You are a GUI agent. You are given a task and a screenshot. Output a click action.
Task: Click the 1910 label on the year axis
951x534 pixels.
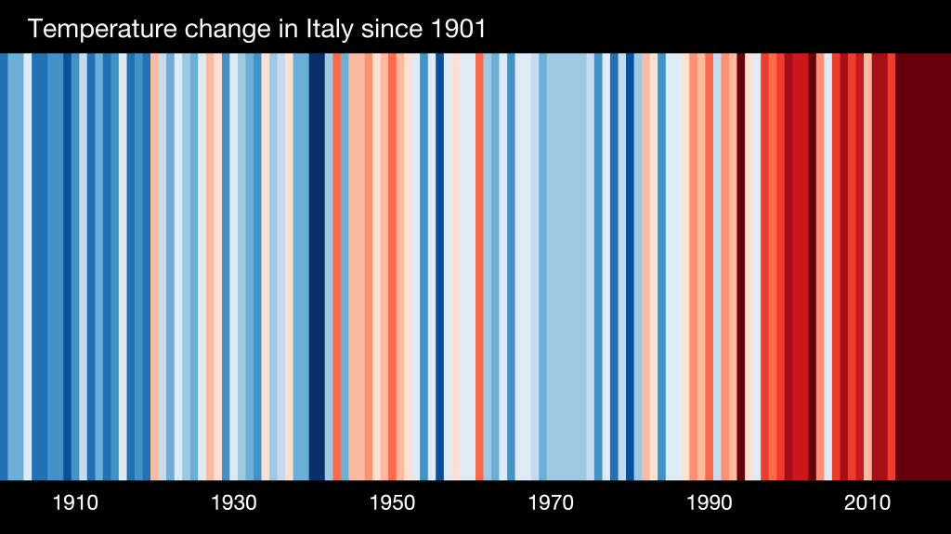tap(75, 503)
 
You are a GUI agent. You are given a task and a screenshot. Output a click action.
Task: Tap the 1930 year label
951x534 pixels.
tap(234, 503)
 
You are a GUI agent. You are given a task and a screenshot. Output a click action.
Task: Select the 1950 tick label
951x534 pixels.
tap(392, 503)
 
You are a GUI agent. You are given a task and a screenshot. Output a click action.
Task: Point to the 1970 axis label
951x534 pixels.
tap(551, 503)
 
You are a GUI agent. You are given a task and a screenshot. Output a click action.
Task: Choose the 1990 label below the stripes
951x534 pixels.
tap(709, 503)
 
